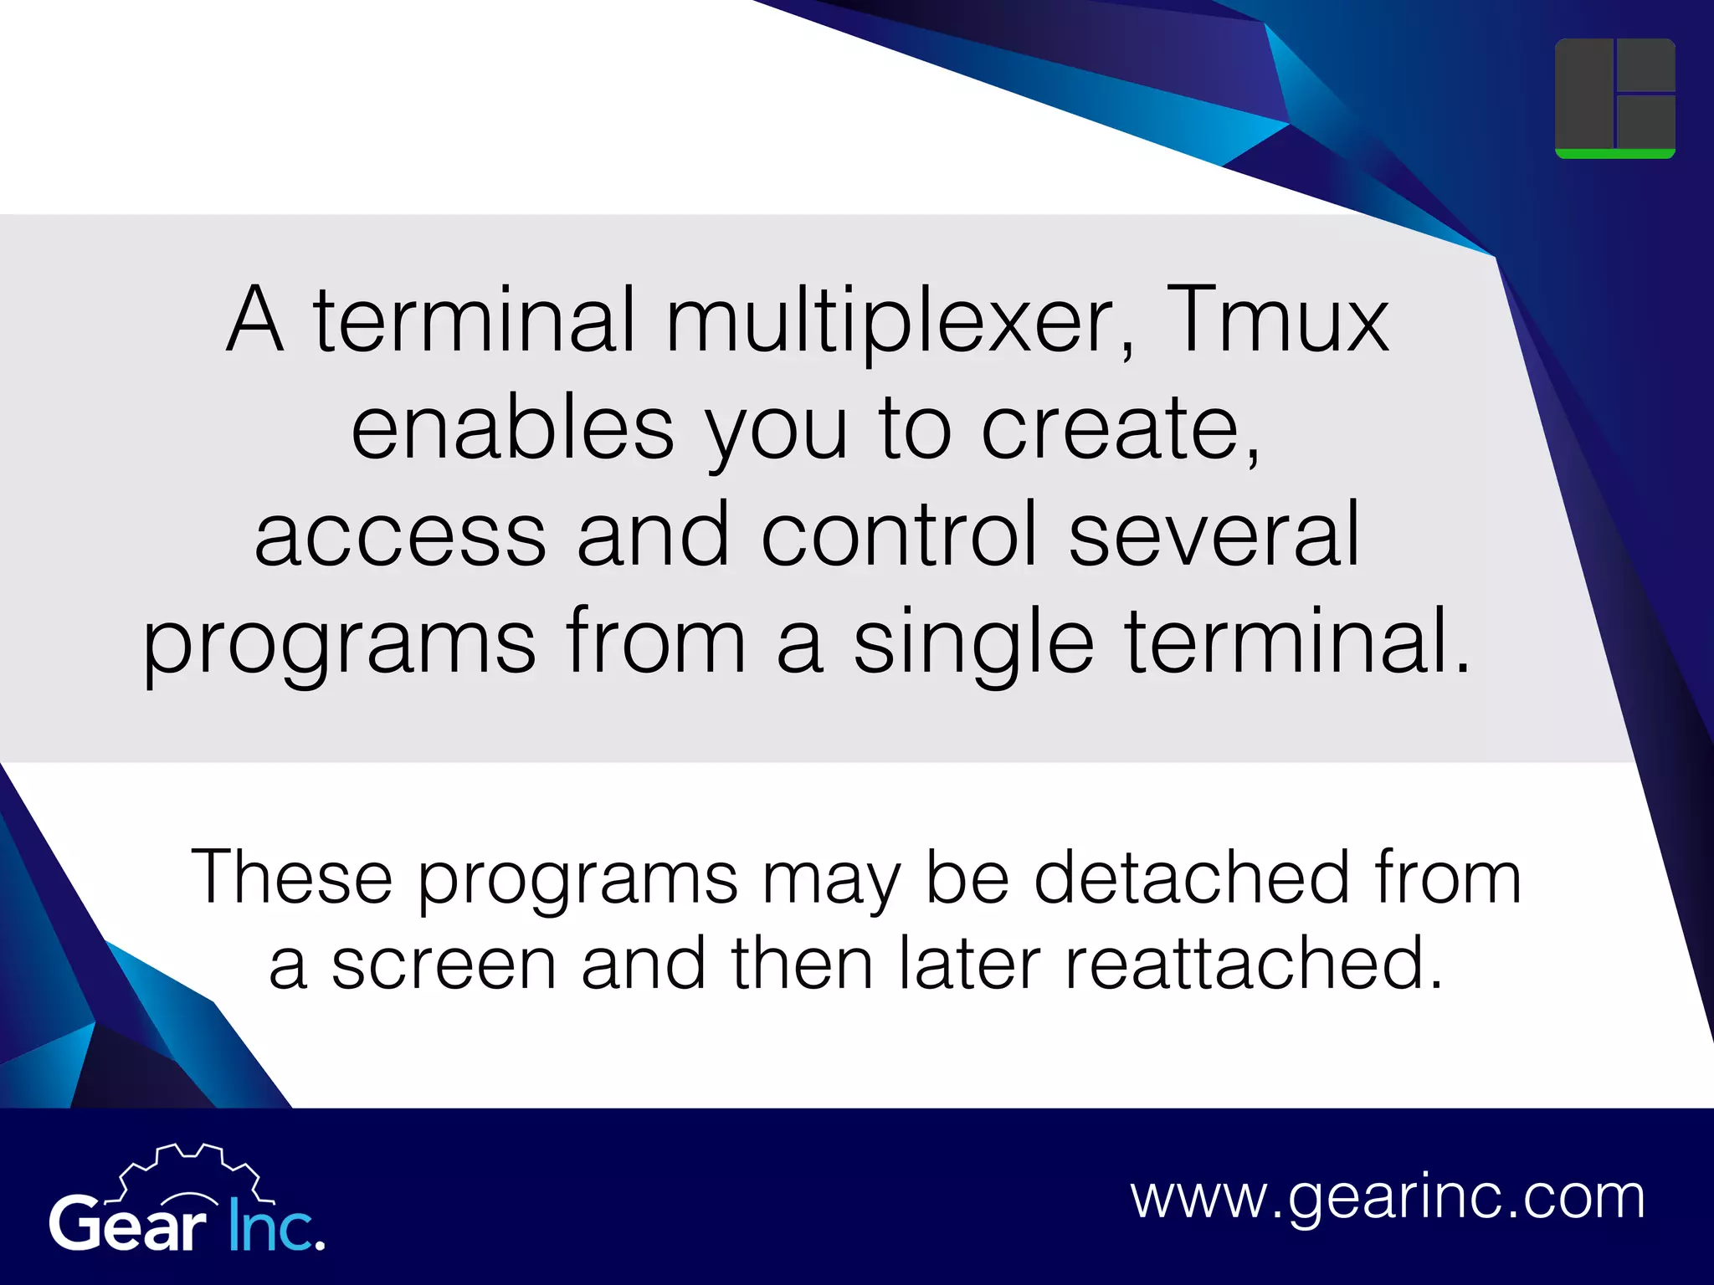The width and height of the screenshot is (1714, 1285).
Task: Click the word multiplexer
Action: [901, 320]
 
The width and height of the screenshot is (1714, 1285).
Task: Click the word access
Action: [400, 535]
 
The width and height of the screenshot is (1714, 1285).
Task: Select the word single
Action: [973, 642]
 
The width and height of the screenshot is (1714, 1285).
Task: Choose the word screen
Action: [444, 964]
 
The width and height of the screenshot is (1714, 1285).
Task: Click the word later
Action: [970, 964]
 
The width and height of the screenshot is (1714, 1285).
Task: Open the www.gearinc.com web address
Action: [1388, 1197]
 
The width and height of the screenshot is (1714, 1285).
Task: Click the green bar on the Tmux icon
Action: [1614, 154]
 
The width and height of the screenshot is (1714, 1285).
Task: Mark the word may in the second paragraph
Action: [819, 878]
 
